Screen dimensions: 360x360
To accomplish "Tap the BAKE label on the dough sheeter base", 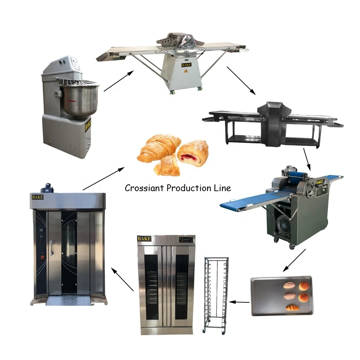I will [x=186, y=65].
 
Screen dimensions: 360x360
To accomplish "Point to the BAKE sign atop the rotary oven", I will [x=37, y=197].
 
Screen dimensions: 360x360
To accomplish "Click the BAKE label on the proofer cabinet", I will [x=144, y=239].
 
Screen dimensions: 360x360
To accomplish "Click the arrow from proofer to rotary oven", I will [x=122, y=279].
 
